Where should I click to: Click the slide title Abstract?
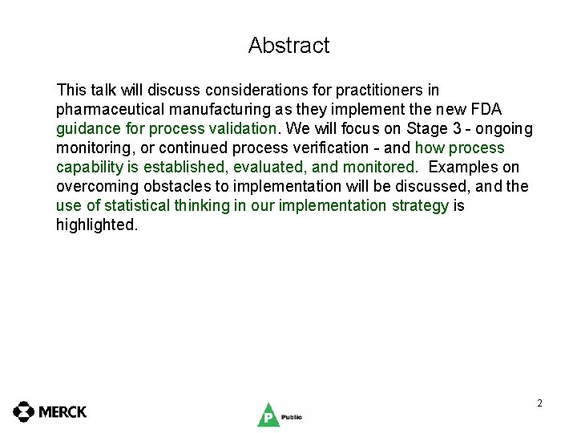[288, 46]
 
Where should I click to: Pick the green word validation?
[240, 129]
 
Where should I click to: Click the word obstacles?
[163, 187]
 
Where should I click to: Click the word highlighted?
[96, 225]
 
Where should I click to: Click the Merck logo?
[50, 412]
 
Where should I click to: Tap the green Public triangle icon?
[267, 415]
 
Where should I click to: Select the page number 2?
[539, 403]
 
